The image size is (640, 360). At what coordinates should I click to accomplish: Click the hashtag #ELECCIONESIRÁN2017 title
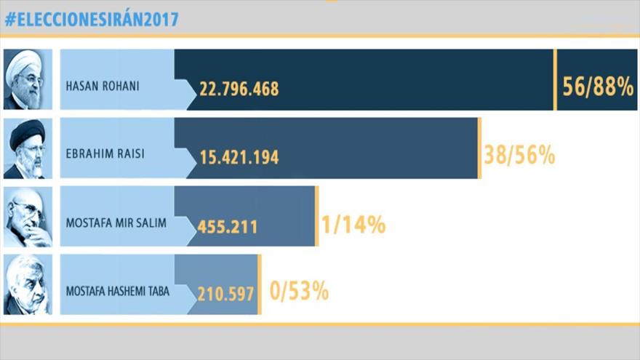(91, 20)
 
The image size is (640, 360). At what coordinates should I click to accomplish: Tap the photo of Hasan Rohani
(28, 79)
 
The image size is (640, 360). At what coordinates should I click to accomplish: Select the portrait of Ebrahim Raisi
(28, 148)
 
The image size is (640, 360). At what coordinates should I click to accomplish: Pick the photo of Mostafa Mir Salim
(28, 217)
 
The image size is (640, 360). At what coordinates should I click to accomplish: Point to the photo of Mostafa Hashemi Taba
(28, 284)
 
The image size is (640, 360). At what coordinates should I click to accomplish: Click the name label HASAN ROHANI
(103, 87)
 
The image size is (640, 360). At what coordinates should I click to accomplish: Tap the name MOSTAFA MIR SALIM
(116, 223)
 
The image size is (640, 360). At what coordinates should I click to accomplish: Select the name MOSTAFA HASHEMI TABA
(117, 292)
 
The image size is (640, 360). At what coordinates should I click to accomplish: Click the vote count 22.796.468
(239, 89)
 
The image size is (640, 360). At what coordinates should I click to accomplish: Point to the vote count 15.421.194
(239, 158)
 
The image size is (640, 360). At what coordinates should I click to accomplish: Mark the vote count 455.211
(228, 226)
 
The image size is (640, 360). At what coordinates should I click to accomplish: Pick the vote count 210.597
(225, 294)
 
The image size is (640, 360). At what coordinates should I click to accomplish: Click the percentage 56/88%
(599, 87)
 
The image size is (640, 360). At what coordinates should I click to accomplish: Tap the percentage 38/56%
(519, 155)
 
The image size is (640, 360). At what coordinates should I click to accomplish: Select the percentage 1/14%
(353, 224)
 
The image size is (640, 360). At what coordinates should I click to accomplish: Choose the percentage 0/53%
(299, 292)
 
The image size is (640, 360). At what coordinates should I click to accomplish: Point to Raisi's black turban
(28, 131)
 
